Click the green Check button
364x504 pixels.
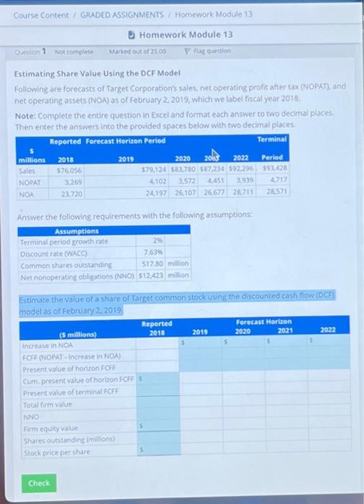point(39,483)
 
